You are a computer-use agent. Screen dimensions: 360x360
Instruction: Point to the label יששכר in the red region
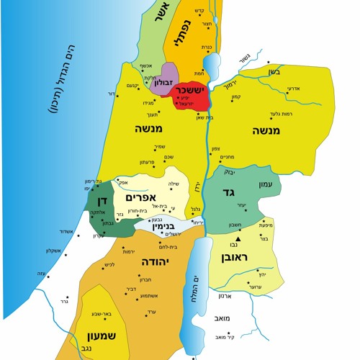pos(191,91)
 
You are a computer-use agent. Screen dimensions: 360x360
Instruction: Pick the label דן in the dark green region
pos(99,201)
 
